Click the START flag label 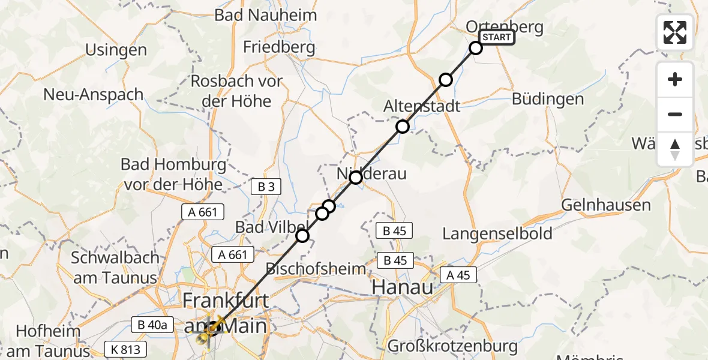[x=497, y=37]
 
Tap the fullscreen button [x=675, y=32]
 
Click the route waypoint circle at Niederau [x=356, y=178]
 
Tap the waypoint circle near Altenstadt [x=402, y=127]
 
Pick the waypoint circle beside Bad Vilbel [x=302, y=236]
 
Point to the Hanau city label [x=403, y=287]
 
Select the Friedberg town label [x=279, y=47]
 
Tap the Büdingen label [x=548, y=99]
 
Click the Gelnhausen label [x=605, y=205]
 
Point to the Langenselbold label [x=497, y=233]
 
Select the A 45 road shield [x=459, y=275]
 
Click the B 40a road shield [x=152, y=325]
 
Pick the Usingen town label [x=116, y=50]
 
